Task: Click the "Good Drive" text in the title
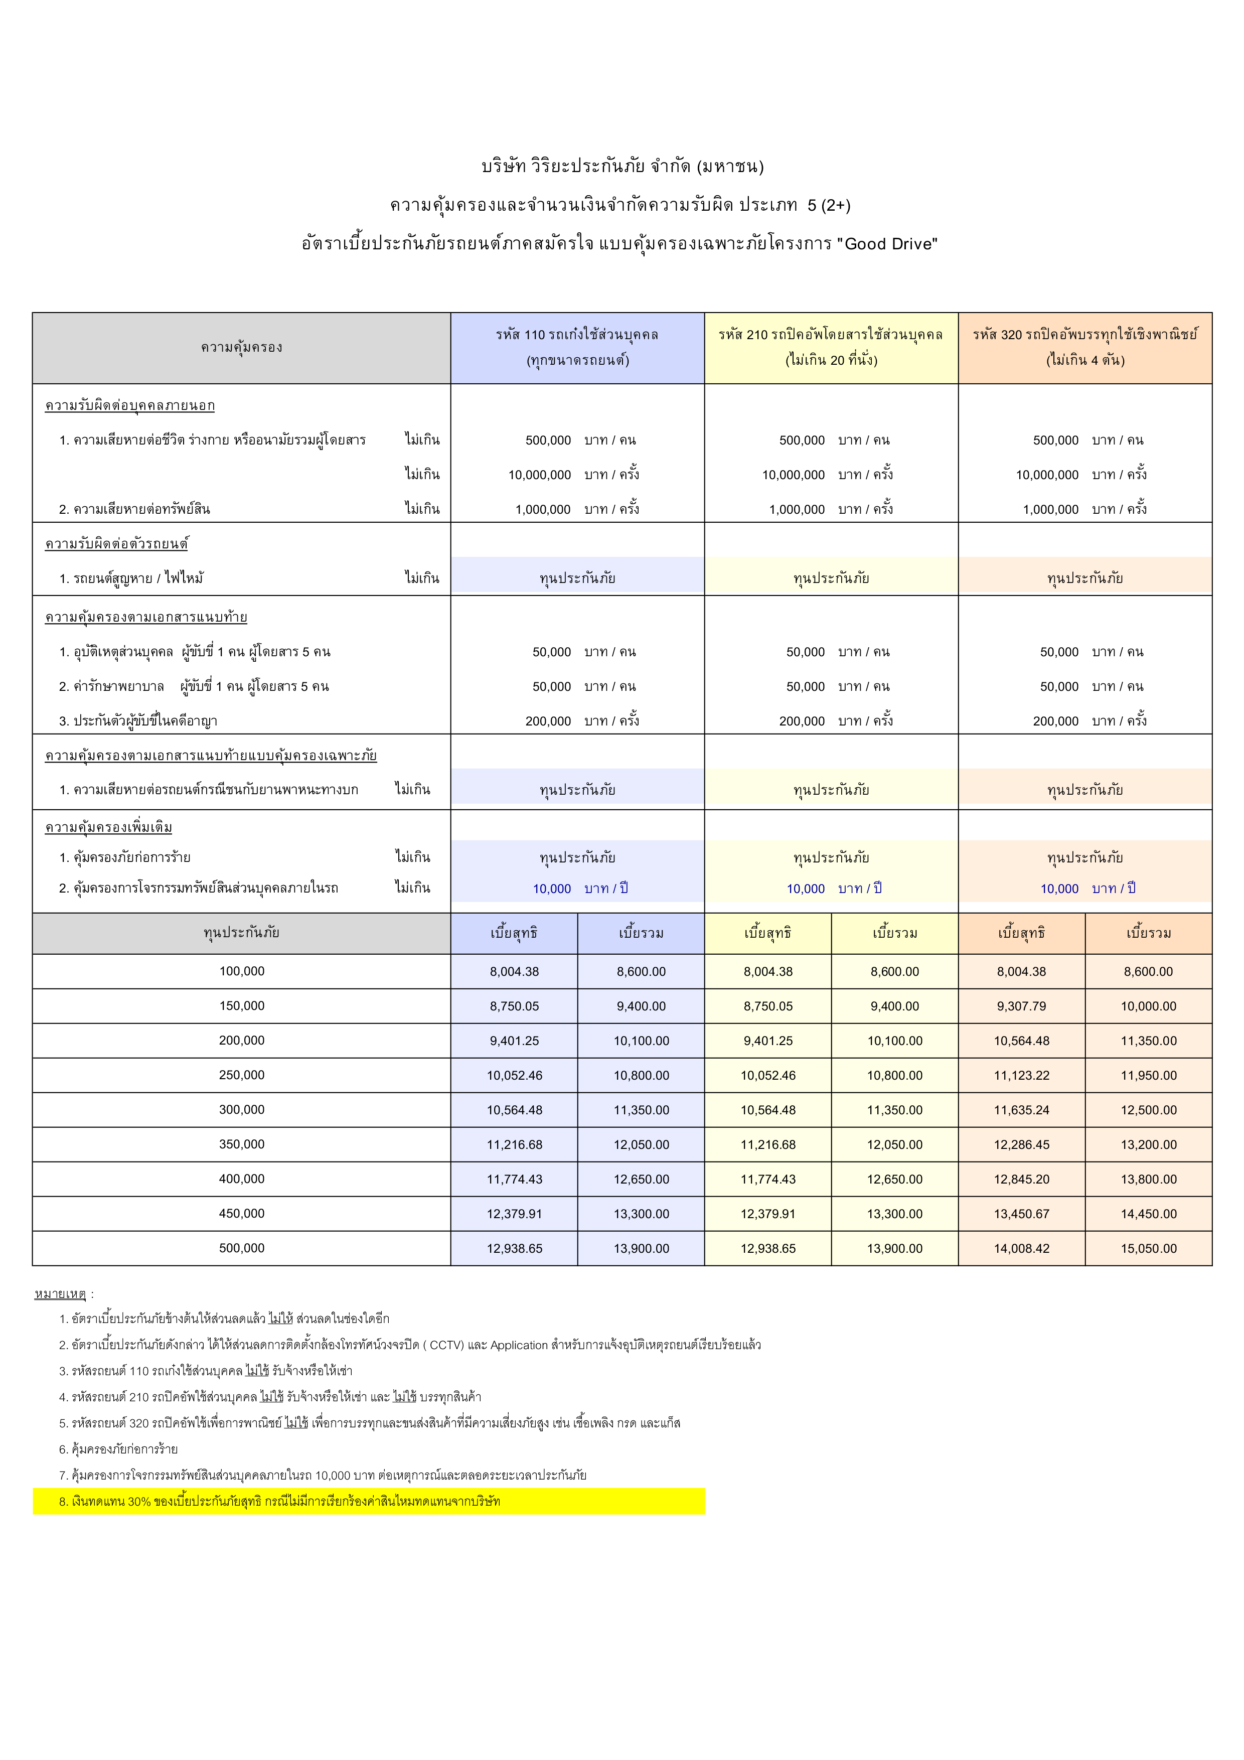(x=887, y=244)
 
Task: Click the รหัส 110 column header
(x=577, y=347)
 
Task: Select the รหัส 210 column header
(x=831, y=347)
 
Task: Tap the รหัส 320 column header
(x=1084, y=347)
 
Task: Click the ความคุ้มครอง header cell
(x=241, y=347)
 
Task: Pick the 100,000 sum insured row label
(x=241, y=971)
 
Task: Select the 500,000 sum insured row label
(x=241, y=1248)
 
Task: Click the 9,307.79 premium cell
(x=1021, y=1006)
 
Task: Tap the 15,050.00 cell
(x=1148, y=1248)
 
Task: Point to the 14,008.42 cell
(x=1021, y=1248)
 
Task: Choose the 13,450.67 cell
(x=1021, y=1214)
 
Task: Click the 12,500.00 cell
(x=1148, y=1110)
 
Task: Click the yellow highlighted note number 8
(x=280, y=1501)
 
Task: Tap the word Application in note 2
(x=519, y=1345)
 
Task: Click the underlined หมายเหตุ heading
(x=61, y=1294)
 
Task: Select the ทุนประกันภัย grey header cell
(x=241, y=933)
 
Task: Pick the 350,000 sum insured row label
(x=241, y=1144)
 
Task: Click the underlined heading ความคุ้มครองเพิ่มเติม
(x=108, y=827)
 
